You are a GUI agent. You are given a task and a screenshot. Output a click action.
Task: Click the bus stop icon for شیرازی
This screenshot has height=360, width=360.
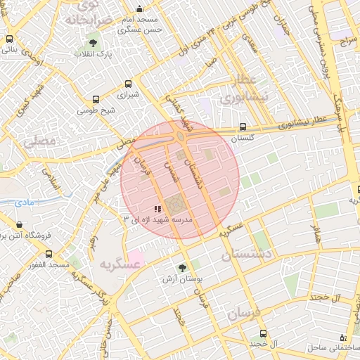tap(128, 83)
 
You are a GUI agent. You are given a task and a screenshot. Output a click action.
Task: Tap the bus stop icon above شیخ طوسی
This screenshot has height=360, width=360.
tap(96, 100)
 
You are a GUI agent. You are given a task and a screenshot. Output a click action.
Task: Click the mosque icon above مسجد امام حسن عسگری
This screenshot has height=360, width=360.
tap(139, 9)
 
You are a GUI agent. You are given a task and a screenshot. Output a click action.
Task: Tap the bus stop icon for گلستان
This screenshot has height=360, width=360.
tap(242, 127)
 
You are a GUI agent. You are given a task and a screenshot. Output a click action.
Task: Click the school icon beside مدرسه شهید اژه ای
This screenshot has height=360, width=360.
tap(158, 209)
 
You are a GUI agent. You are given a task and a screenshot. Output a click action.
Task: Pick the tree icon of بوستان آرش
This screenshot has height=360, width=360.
tap(183, 268)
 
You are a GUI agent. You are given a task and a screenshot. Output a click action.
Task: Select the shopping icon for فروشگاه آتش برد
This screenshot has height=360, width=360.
tap(19, 226)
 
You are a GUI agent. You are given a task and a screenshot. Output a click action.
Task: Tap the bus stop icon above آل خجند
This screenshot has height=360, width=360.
tap(263, 333)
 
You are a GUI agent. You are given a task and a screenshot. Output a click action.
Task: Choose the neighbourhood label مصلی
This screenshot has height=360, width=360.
tap(39, 141)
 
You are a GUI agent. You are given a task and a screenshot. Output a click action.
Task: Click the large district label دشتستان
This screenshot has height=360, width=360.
tap(247, 255)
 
